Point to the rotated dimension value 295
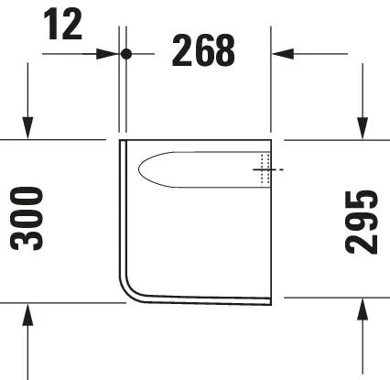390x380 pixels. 363,223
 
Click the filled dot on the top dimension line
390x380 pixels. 127,54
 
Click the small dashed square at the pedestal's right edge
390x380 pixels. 265,170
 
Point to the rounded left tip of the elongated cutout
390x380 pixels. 141,168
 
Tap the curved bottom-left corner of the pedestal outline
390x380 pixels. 128,286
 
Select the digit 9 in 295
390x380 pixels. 363,223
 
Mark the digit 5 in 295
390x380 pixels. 363,200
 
